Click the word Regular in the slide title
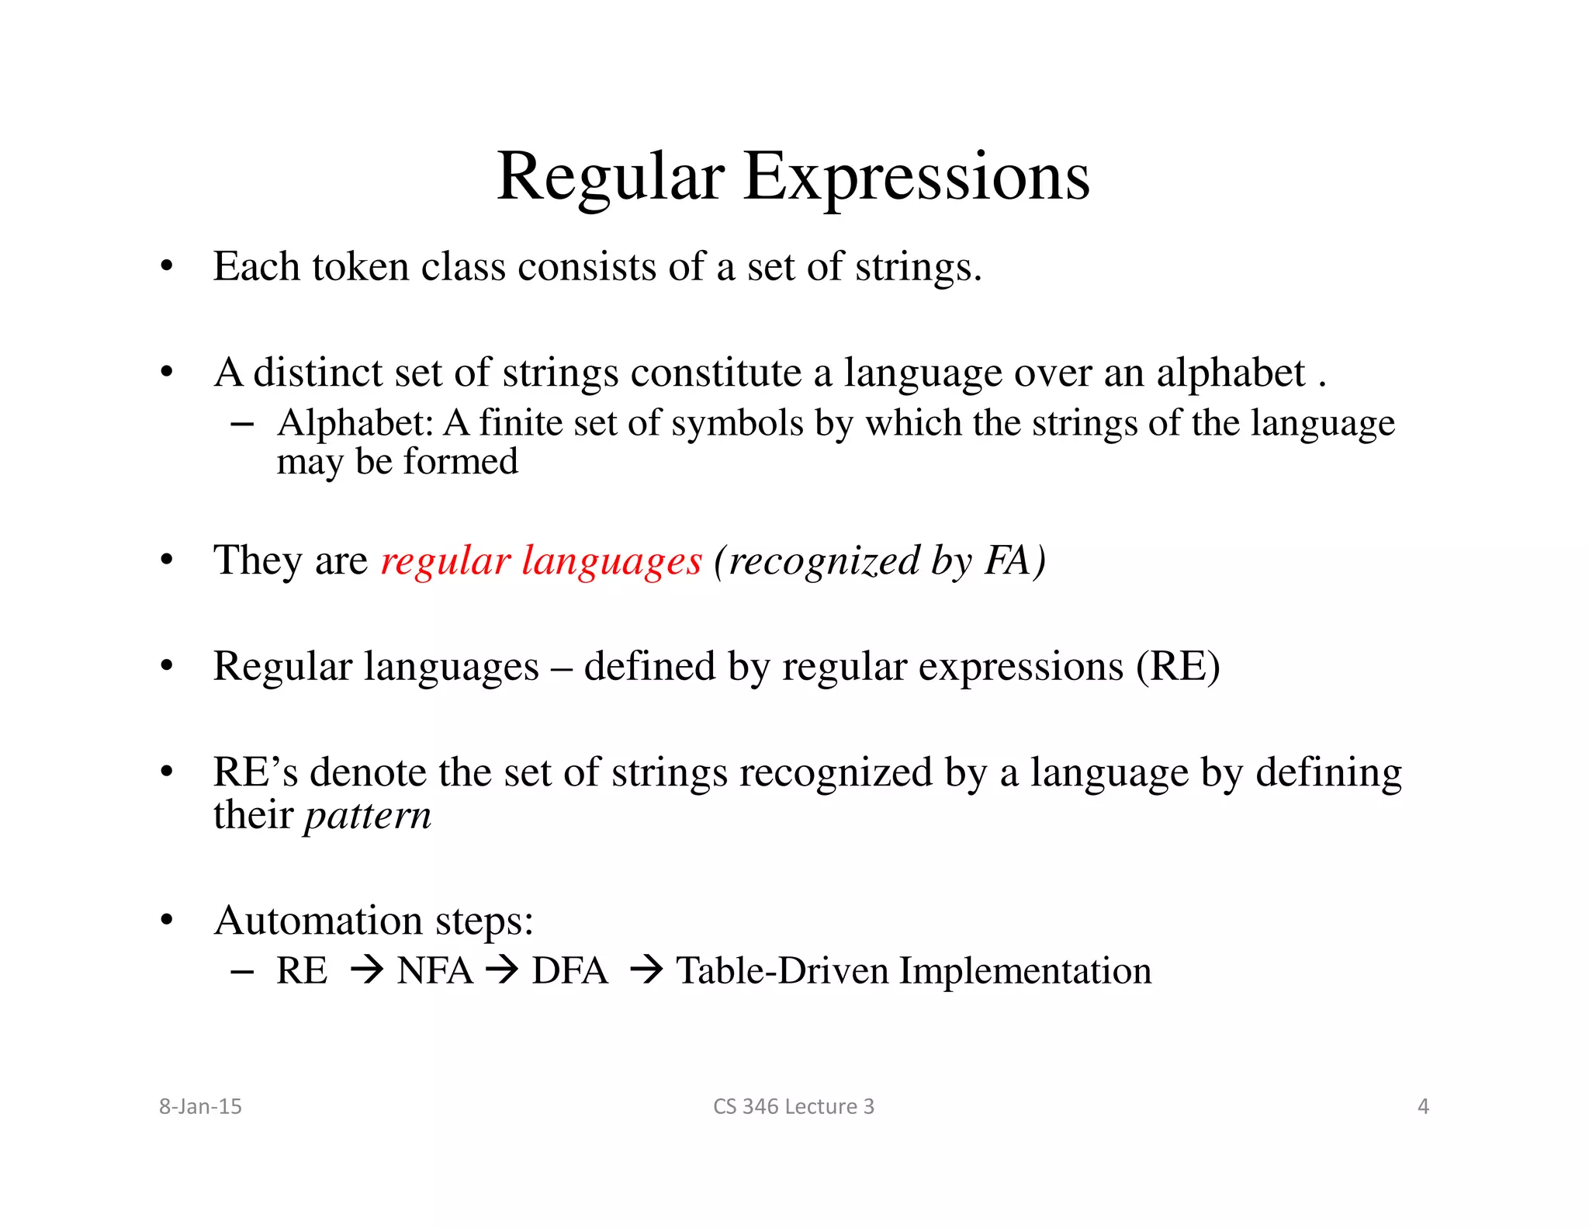(611, 178)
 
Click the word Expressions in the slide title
(916, 178)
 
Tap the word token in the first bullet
(360, 267)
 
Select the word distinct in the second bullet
(318, 373)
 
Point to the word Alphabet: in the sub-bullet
(355, 424)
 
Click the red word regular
(445, 561)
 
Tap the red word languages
(611, 561)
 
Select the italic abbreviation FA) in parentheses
(1015, 560)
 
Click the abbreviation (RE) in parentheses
(1178, 667)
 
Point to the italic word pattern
(368, 816)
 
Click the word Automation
(318, 921)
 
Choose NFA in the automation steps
(434, 971)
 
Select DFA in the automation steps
(569, 971)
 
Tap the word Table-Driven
(782, 971)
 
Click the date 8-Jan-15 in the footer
(200, 1106)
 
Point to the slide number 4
(1423, 1106)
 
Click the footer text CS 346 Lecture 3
(793, 1106)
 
